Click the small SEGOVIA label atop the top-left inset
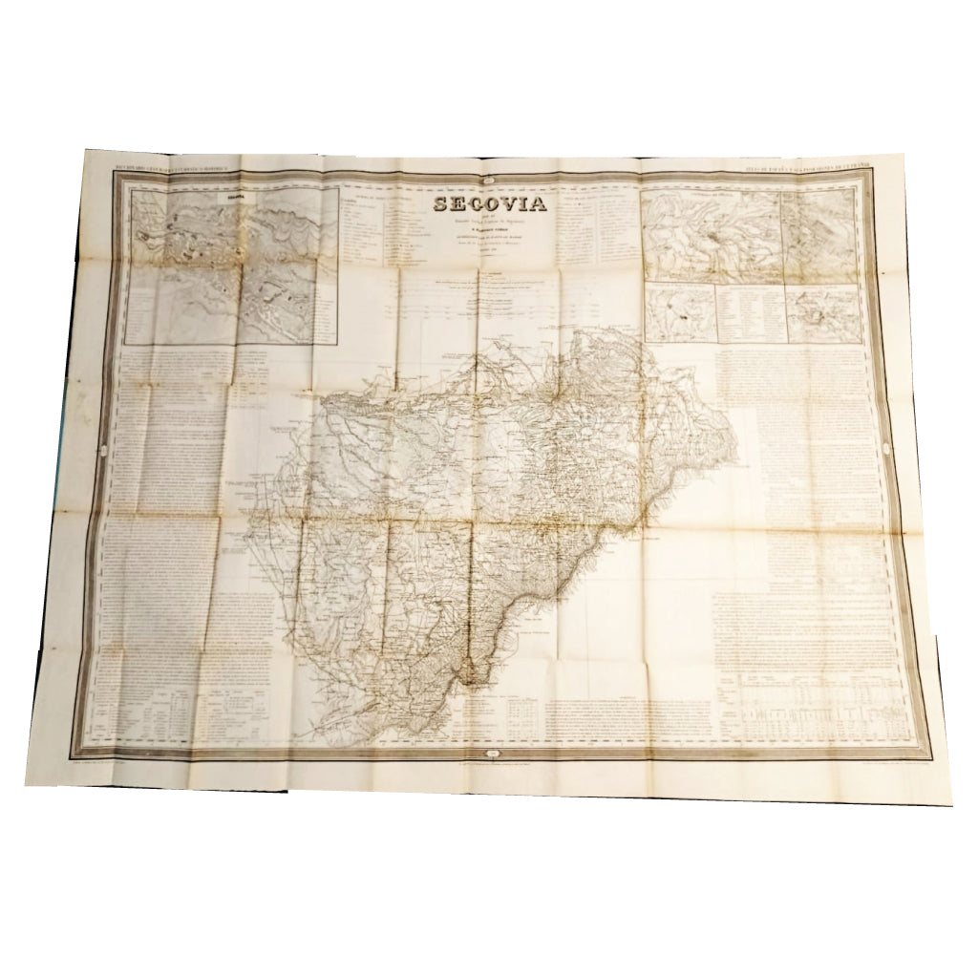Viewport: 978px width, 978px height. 232,198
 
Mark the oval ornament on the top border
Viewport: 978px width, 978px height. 490,172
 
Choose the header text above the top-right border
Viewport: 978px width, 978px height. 805,169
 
